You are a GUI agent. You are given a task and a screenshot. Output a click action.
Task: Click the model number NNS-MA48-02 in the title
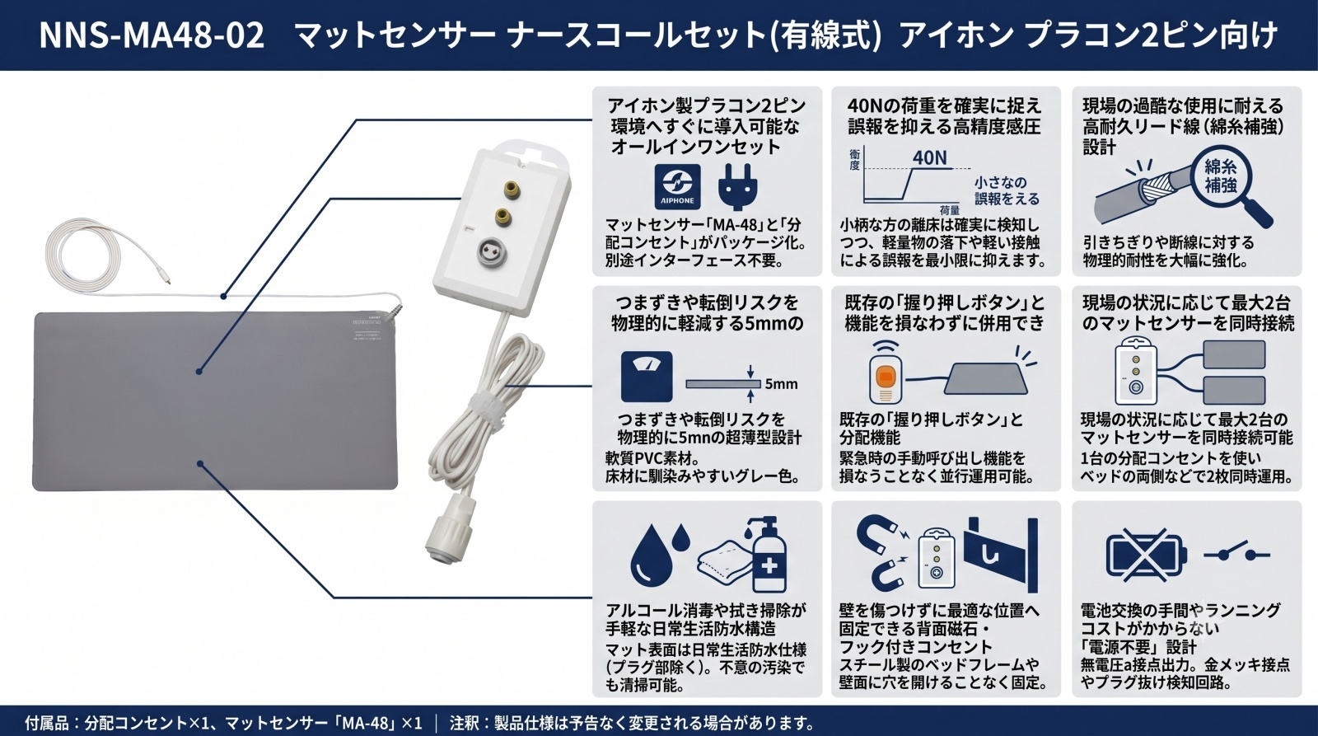(152, 35)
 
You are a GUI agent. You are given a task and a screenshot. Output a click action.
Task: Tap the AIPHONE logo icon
(677, 186)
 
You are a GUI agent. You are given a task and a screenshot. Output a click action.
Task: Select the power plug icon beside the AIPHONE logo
(738, 187)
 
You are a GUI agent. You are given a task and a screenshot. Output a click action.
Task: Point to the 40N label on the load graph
(930, 157)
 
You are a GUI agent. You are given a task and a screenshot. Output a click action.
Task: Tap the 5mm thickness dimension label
(781, 384)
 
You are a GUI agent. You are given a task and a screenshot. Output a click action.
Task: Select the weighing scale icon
(647, 377)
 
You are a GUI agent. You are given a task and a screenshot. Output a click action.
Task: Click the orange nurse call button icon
(886, 377)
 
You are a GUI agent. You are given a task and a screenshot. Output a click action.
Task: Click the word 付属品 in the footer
(46, 723)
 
